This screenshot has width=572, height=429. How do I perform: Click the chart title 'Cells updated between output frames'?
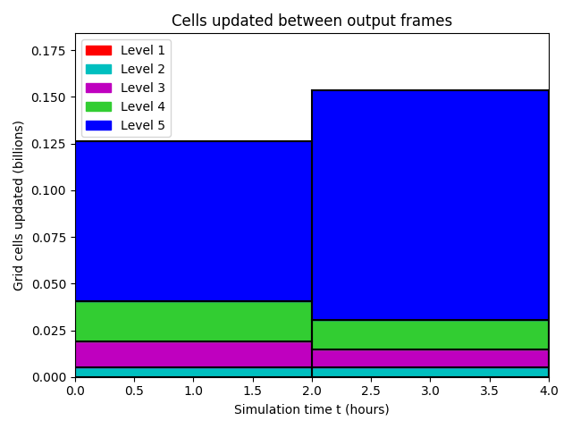point(312,21)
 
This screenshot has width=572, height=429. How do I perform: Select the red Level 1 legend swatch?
point(98,50)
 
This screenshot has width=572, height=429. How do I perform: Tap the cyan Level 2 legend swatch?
point(98,69)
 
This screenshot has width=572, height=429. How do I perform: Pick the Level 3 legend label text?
point(143,88)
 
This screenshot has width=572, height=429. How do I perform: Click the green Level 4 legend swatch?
point(98,106)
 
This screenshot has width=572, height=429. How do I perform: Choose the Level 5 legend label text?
point(143,125)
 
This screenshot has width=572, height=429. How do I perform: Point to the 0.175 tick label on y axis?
point(48,51)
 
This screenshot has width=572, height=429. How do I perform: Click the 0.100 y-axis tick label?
point(48,190)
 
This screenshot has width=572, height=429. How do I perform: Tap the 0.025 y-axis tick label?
point(48,331)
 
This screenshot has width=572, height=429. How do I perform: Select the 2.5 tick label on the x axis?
point(371,391)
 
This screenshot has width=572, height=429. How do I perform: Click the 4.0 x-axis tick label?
point(549,391)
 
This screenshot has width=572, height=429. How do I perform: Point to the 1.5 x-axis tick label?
point(252,391)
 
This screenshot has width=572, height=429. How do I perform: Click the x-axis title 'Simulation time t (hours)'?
point(312,409)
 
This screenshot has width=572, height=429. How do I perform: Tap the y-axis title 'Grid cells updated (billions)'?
point(18,206)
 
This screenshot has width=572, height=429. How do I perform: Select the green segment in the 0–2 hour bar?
point(193,322)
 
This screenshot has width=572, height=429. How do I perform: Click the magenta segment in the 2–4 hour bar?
point(430,358)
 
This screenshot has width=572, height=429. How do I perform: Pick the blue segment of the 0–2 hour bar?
point(193,221)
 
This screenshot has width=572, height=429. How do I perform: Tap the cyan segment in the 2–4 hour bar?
point(430,372)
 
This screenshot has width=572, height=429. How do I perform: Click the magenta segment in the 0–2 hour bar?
point(193,354)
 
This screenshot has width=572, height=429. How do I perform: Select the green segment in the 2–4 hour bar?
point(430,335)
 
